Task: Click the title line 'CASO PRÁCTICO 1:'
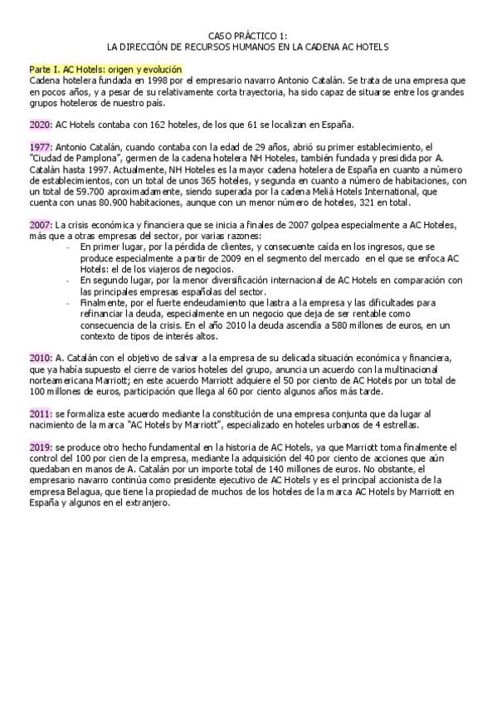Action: pyautogui.click(x=248, y=35)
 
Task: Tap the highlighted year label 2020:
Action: pyautogui.click(x=39, y=125)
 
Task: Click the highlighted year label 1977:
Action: pyautogui.click(x=39, y=146)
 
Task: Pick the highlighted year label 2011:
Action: pyautogui.click(x=39, y=413)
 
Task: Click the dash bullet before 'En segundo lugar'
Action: pyautogui.click(x=67, y=281)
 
